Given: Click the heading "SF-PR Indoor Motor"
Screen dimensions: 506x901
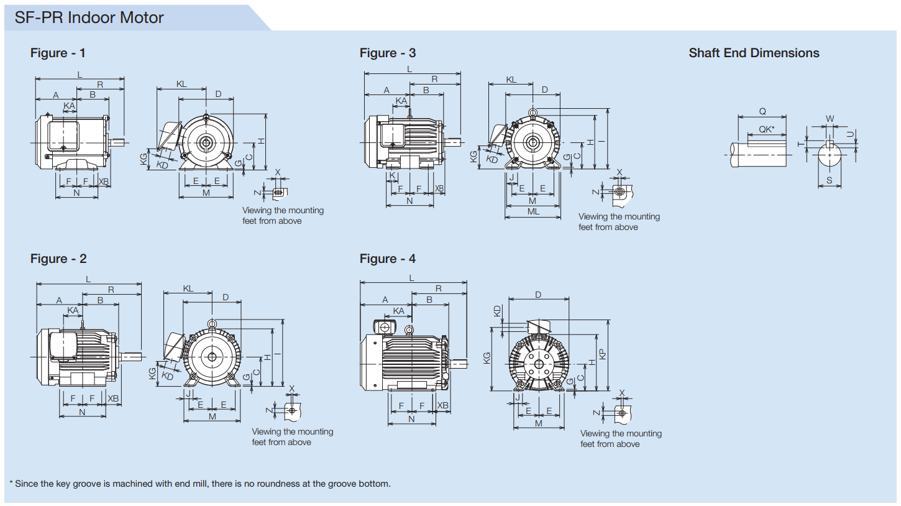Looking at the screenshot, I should click(89, 17).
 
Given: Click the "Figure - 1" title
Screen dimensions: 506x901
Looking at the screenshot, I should click(58, 53).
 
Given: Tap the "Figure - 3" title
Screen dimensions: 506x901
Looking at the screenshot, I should click(388, 53).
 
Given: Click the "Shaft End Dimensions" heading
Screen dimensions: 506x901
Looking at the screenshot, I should click(754, 53).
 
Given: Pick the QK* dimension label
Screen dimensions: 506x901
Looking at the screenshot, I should click(767, 130).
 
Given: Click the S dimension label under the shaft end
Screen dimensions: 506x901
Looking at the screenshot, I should click(829, 180).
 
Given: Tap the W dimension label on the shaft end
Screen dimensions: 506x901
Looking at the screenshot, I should click(830, 119).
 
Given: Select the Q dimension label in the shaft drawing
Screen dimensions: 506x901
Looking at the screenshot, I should click(762, 112).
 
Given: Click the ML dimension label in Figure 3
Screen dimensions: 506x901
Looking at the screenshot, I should click(533, 212).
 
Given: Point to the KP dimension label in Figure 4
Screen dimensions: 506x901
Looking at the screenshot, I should click(602, 354).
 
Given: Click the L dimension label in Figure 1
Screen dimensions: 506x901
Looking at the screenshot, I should click(80, 75).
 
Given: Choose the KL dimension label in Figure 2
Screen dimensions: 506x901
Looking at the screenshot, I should click(188, 288).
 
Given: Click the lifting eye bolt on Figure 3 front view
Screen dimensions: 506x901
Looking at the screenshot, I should click(533, 113).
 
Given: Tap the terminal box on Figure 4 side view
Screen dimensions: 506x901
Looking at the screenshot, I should click(385, 327).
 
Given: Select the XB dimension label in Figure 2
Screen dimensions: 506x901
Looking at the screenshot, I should click(113, 398).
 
